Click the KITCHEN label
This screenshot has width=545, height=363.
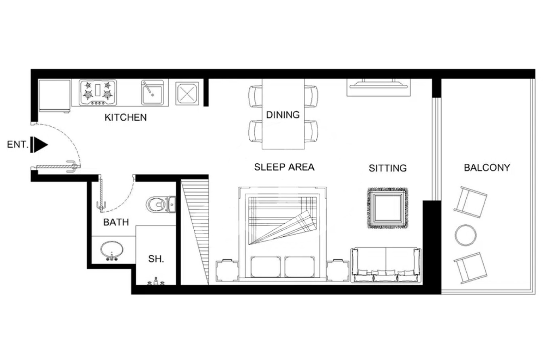pos(126,118)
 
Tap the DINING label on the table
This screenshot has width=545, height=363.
pos(283,115)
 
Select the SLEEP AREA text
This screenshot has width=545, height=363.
pos(284,167)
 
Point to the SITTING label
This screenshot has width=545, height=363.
pos(388,168)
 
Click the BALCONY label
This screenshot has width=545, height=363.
pos(487,168)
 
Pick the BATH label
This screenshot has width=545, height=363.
pos(116,222)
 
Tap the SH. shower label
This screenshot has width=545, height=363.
pos(156,259)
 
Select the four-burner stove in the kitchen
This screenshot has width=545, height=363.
pos(98,93)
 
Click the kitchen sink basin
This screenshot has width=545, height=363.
pos(153,93)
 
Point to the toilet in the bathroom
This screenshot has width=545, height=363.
pos(161,204)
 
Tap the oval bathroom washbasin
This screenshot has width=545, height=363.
pos(112,250)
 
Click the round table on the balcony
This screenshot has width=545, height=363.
pos(465,235)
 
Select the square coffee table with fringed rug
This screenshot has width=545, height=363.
pos(388,208)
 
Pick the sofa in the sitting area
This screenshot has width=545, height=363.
pos(386,265)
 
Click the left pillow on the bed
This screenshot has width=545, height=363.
pos(266,267)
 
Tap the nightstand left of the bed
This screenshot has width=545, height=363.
pos(228,271)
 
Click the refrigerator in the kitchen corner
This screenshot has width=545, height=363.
pos(55,96)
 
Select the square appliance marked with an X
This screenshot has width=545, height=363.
pos(187,94)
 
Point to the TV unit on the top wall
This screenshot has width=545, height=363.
pos(379,87)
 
